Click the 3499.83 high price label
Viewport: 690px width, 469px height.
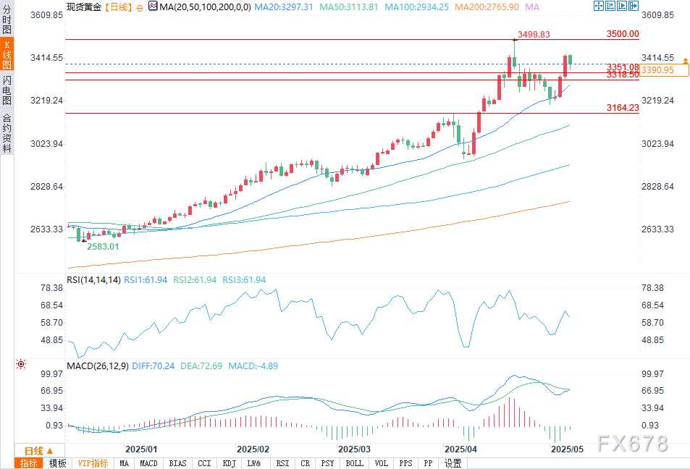[534, 34]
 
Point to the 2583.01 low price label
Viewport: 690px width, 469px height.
[104, 247]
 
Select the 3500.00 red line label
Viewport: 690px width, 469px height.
[623, 34]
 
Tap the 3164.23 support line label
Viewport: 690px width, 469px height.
[623, 108]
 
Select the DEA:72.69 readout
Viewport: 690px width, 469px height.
[202, 366]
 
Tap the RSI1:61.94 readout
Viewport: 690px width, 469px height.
[146, 280]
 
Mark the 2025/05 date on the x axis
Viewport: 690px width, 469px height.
[567, 449]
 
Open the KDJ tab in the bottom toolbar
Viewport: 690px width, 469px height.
[229, 463]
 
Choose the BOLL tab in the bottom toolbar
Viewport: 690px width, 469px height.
[354, 463]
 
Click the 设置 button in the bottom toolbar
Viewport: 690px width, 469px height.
[453, 463]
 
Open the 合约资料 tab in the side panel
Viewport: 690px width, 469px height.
[7, 132]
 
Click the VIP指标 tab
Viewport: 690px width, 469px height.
[93, 463]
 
